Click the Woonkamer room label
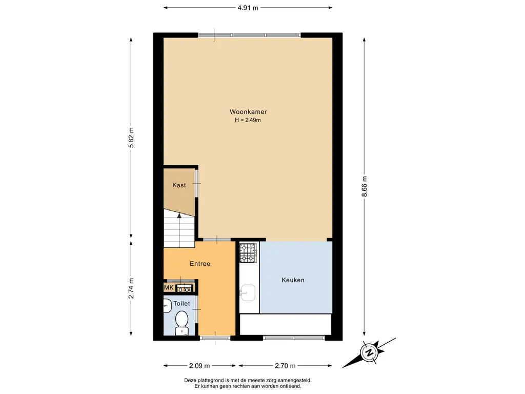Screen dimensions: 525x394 point(248,112)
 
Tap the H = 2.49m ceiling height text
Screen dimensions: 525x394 point(248,120)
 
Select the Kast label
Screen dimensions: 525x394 point(179,185)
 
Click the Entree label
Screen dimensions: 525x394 point(200,264)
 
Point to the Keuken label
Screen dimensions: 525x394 point(293,280)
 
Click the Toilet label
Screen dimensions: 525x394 point(181,304)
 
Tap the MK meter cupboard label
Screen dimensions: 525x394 point(169,287)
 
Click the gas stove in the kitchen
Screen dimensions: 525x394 point(248,253)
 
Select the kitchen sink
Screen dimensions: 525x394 point(248,293)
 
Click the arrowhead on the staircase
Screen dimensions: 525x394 point(179,216)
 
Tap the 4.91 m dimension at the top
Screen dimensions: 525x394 point(248,8)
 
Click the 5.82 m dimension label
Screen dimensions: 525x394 point(131,137)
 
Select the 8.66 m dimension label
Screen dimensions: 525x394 point(365,187)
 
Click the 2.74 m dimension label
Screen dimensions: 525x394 point(131,288)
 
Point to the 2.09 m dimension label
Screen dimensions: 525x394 point(199,366)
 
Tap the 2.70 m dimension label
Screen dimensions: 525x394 point(285,366)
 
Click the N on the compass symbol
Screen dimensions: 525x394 point(370,352)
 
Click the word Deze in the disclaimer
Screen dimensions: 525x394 point(190,380)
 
